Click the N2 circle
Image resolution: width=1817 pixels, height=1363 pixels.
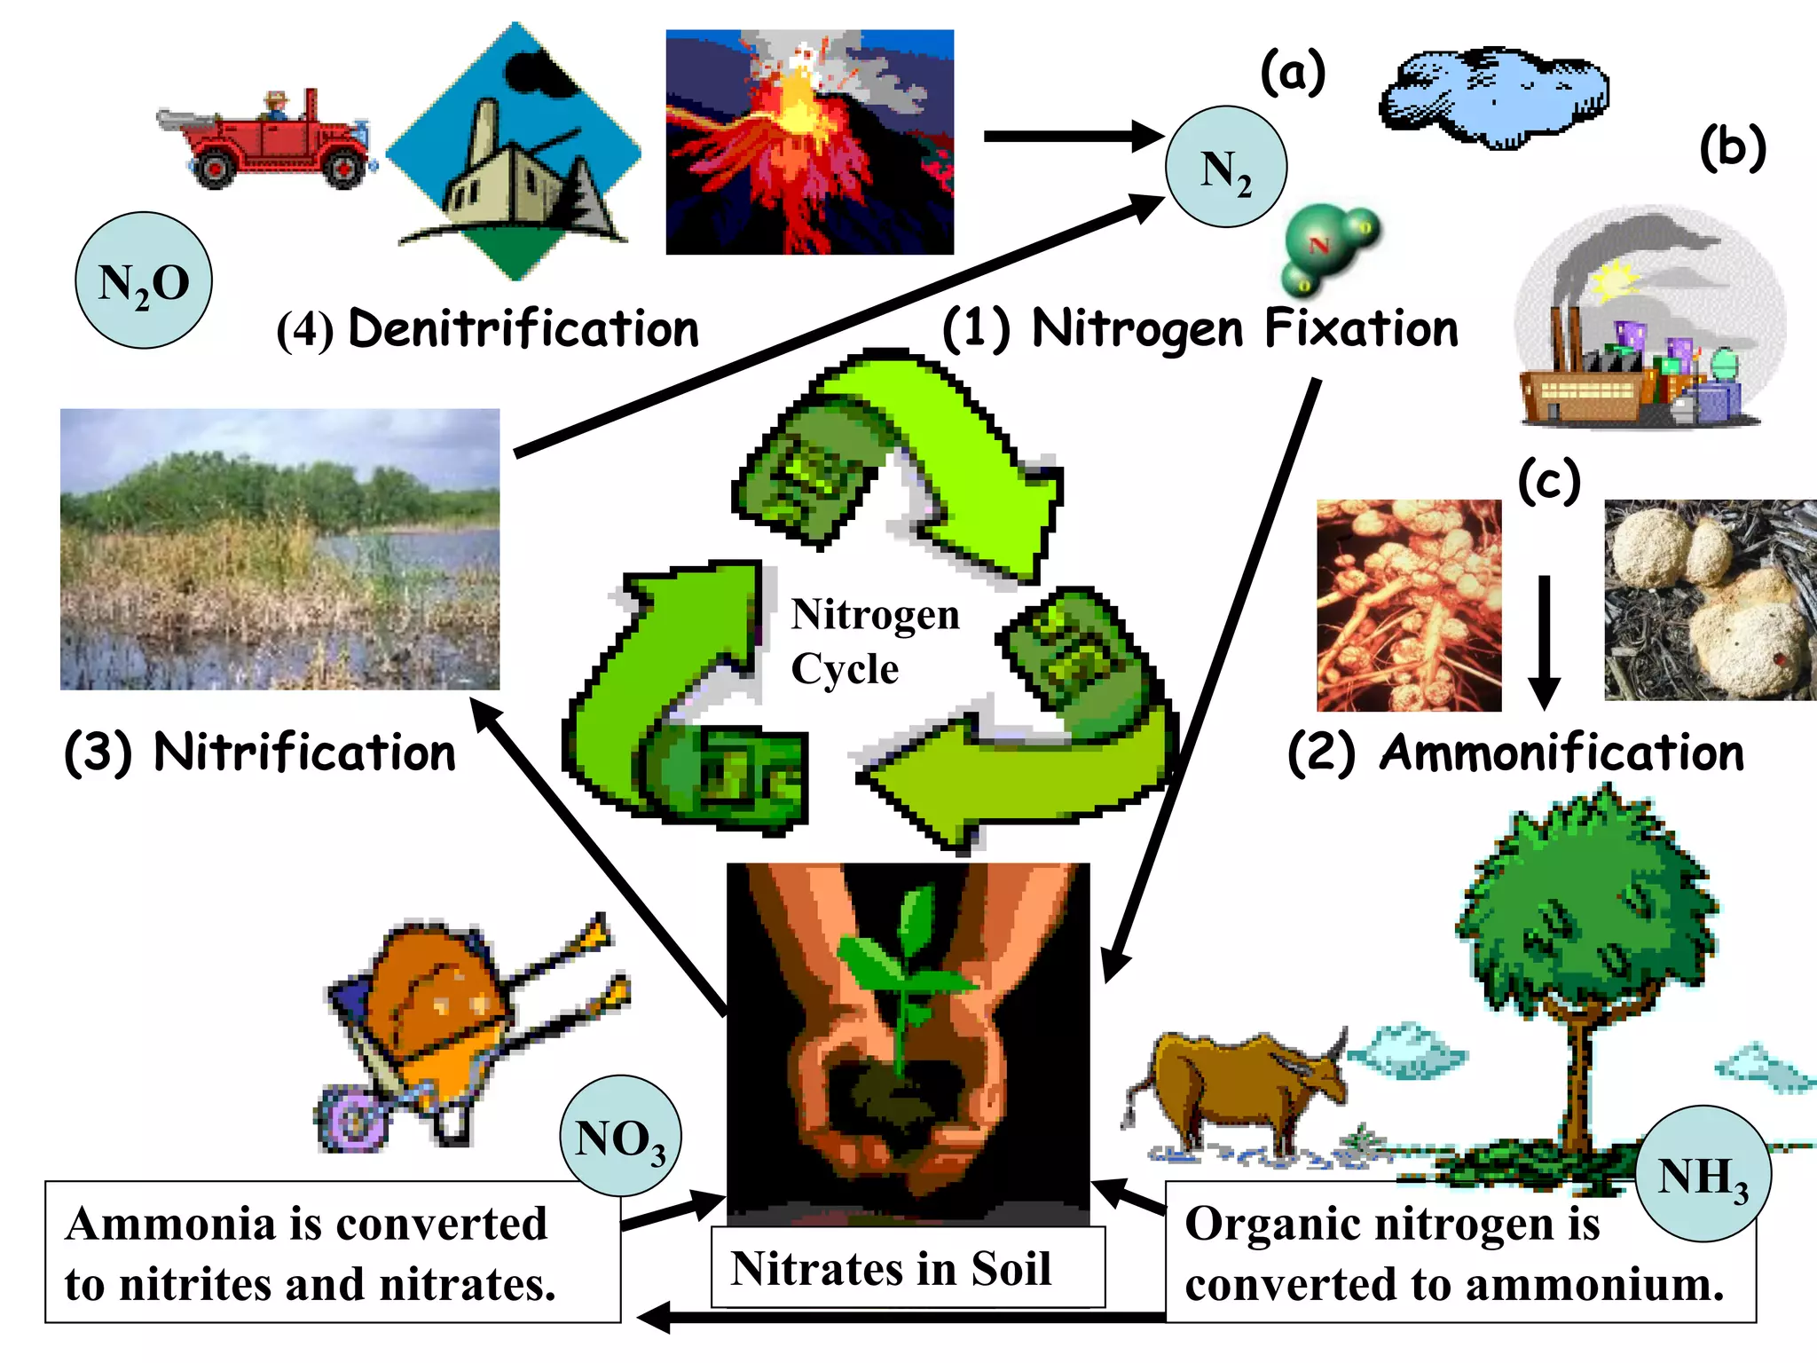coord(1225,168)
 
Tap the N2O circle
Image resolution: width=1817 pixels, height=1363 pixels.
coord(144,281)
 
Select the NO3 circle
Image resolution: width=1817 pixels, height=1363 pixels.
coord(620,1137)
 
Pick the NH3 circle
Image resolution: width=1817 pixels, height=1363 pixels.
coord(1702,1173)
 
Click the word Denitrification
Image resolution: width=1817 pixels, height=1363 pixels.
coord(523,329)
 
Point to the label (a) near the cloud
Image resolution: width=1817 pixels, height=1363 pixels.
coord(1293,73)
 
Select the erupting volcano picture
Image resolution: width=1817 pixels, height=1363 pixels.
coord(809,142)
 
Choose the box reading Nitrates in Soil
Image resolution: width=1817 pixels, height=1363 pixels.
coord(907,1267)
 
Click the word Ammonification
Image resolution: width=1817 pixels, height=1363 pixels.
coord(1561,752)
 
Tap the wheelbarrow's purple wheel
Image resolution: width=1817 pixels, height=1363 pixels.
coord(351,1119)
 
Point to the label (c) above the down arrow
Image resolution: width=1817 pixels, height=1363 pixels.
coord(1549,482)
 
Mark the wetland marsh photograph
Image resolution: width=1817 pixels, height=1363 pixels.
coord(279,548)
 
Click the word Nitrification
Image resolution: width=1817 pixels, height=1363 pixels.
coord(304,752)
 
